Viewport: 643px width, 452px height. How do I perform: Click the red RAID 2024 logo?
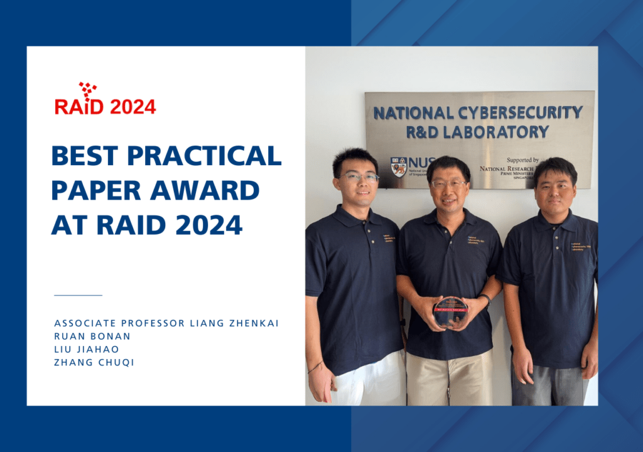(x=105, y=100)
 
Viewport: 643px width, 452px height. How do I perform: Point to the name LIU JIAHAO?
(x=86, y=349)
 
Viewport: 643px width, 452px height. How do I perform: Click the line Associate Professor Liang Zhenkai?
(x=166, y=323)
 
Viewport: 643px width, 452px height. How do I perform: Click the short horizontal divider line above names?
(x=78, y=294)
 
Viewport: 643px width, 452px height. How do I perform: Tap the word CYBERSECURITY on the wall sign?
(x=514, y=113)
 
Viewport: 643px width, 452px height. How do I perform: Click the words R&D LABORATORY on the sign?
(x=478, y=132)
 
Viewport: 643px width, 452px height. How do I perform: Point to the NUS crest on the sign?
(x=398, y=166)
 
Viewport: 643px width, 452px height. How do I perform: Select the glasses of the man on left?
(x=359, y=178)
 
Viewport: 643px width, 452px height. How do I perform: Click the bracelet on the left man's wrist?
(x=315, y=367)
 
